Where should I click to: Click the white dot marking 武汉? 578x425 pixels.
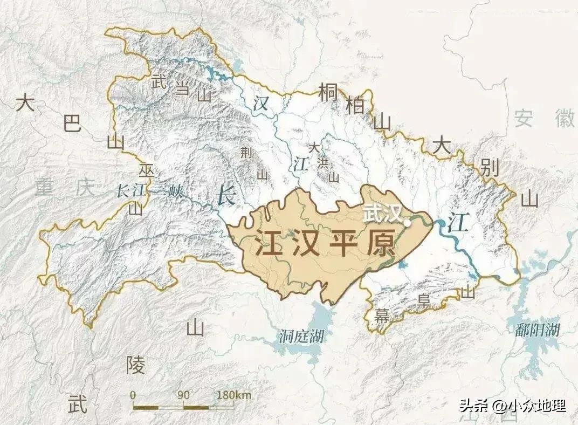(408, 222)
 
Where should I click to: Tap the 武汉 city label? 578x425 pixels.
(383, 212)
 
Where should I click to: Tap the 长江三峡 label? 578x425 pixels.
(150, 190)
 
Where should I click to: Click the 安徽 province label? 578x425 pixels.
(545, 117)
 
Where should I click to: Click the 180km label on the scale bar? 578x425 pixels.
(234, 395)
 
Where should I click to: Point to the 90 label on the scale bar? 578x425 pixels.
(183, 395)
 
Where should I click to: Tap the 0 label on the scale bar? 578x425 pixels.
(133, 395)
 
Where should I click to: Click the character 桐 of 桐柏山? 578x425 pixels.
(328, 92)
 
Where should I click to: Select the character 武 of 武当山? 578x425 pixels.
(159, 82)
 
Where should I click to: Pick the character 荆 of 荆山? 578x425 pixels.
(246, 153)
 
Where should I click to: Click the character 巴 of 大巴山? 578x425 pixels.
(72, 124)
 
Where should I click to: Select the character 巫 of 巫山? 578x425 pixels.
(146, 171)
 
